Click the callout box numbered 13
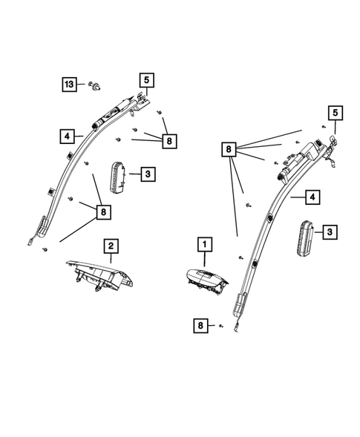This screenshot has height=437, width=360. (68, 86)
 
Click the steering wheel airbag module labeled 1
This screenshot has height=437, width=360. (206, 283)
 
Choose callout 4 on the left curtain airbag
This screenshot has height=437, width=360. (68, 136)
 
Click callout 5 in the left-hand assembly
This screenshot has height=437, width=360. (147, 79)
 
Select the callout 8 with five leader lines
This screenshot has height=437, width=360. (229, 151)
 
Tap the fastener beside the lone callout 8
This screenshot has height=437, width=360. (221, 325)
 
